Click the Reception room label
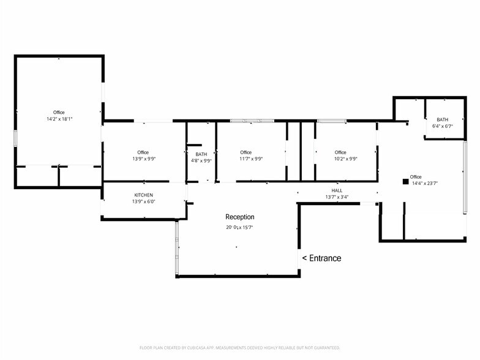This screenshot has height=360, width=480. (240, 217)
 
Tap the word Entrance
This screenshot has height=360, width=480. (325, 258)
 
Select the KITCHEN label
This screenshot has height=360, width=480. (143, 195)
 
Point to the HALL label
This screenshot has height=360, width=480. (337, 190)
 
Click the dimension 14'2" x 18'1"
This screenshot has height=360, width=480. (59, 119)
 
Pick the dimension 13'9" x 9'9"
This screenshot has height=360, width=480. (144, 159)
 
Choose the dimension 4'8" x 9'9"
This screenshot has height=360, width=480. (201, 160)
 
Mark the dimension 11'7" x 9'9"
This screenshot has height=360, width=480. (251, 159)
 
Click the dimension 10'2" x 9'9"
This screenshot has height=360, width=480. (345, 159)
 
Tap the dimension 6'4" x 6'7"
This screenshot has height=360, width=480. (442, 126)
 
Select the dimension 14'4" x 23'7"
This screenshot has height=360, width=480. (425, 184)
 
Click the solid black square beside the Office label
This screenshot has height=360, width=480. (405, 181)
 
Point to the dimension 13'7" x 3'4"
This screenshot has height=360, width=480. (337, 197)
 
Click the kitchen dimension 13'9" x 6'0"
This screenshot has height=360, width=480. (143, 201)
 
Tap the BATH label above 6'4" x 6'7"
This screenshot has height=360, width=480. (442, 119)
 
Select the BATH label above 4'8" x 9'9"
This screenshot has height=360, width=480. (201, 154)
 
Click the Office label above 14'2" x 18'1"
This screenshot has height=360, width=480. (59, 113)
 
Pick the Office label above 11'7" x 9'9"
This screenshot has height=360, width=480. (246, 152)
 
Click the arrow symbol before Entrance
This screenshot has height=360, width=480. (305, 258)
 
